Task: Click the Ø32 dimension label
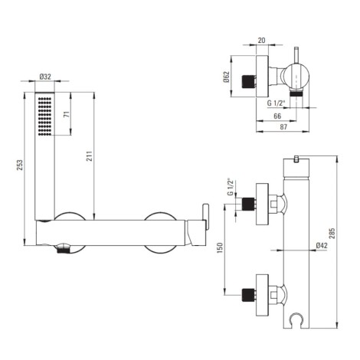point(45,77)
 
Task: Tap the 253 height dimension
point(20,165)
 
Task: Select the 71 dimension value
point(67,114)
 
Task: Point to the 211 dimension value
point(89,156)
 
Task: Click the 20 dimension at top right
point(262,40)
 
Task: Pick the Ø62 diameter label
point(227,77)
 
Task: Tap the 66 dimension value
point(277,116)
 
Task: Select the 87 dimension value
point(283,127)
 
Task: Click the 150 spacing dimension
point(220,248)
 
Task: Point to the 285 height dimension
point(332,233)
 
